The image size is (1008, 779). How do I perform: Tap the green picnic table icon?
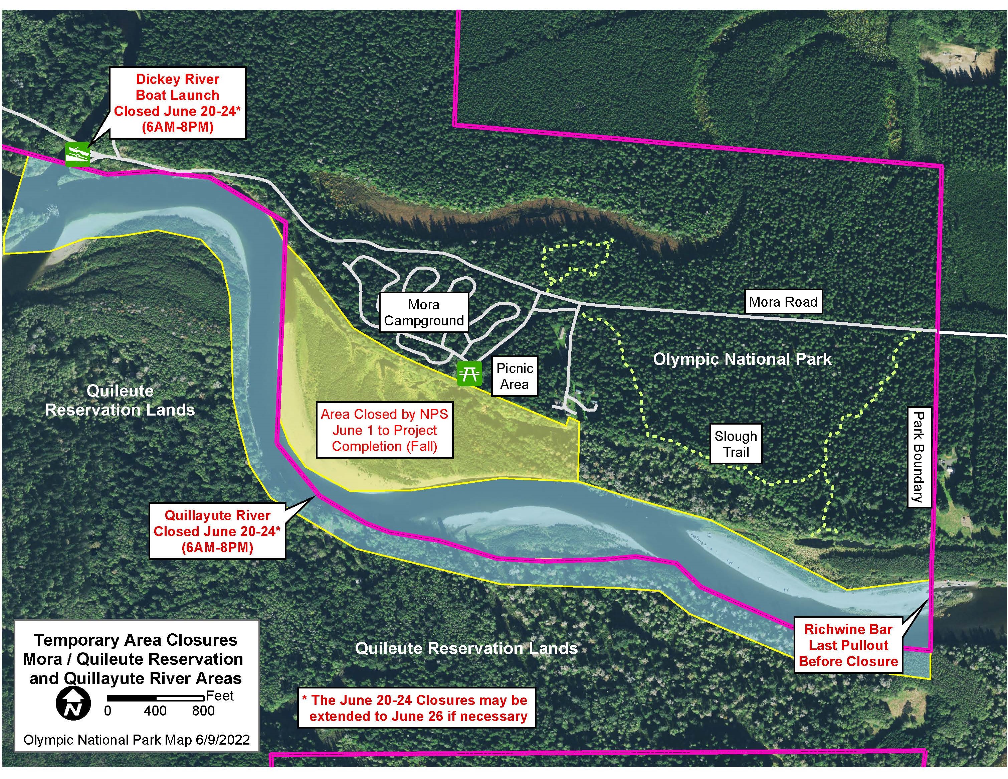pyautogui.click(x=469, y=373)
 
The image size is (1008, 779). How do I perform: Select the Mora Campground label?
pyautogui.click(x=424, y=313)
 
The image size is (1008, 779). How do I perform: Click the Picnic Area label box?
pyautogui.click(x=515, y=376)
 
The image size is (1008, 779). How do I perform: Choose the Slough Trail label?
pyautogui.click(x=736, y=444)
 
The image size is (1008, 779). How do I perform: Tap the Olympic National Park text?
pyautogui.click(x=742, y=359)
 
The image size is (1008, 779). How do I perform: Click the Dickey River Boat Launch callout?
pyautogui.click(x=178, y=103)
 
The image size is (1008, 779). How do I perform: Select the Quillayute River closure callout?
pyautogui.click(x=217, y=531)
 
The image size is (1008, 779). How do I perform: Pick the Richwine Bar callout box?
pyautogui.click(x=848, y=645)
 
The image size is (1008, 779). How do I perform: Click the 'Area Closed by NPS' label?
pyautogui.click(x=384, y=430)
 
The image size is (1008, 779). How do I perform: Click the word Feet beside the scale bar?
pyautogui.click(x=220, y=696)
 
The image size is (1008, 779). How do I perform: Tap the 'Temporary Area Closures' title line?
pyautogui.click(x=136, y=640)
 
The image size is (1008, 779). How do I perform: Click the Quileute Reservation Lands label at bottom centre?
pyautogui.click(x=466, y=648)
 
